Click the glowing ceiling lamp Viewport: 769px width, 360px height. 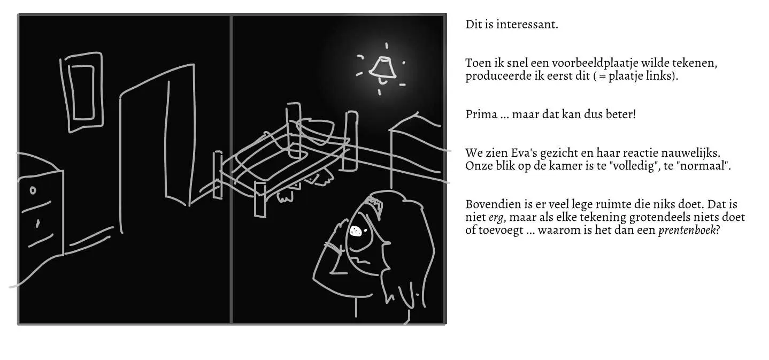point(382,68)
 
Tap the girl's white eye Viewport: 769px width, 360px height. point(356,231)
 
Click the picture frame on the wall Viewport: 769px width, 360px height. point(82,92)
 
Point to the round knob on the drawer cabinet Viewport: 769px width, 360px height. point(33,190)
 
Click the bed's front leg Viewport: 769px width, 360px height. point(260,199)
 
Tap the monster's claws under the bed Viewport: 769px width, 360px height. point(287,195)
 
